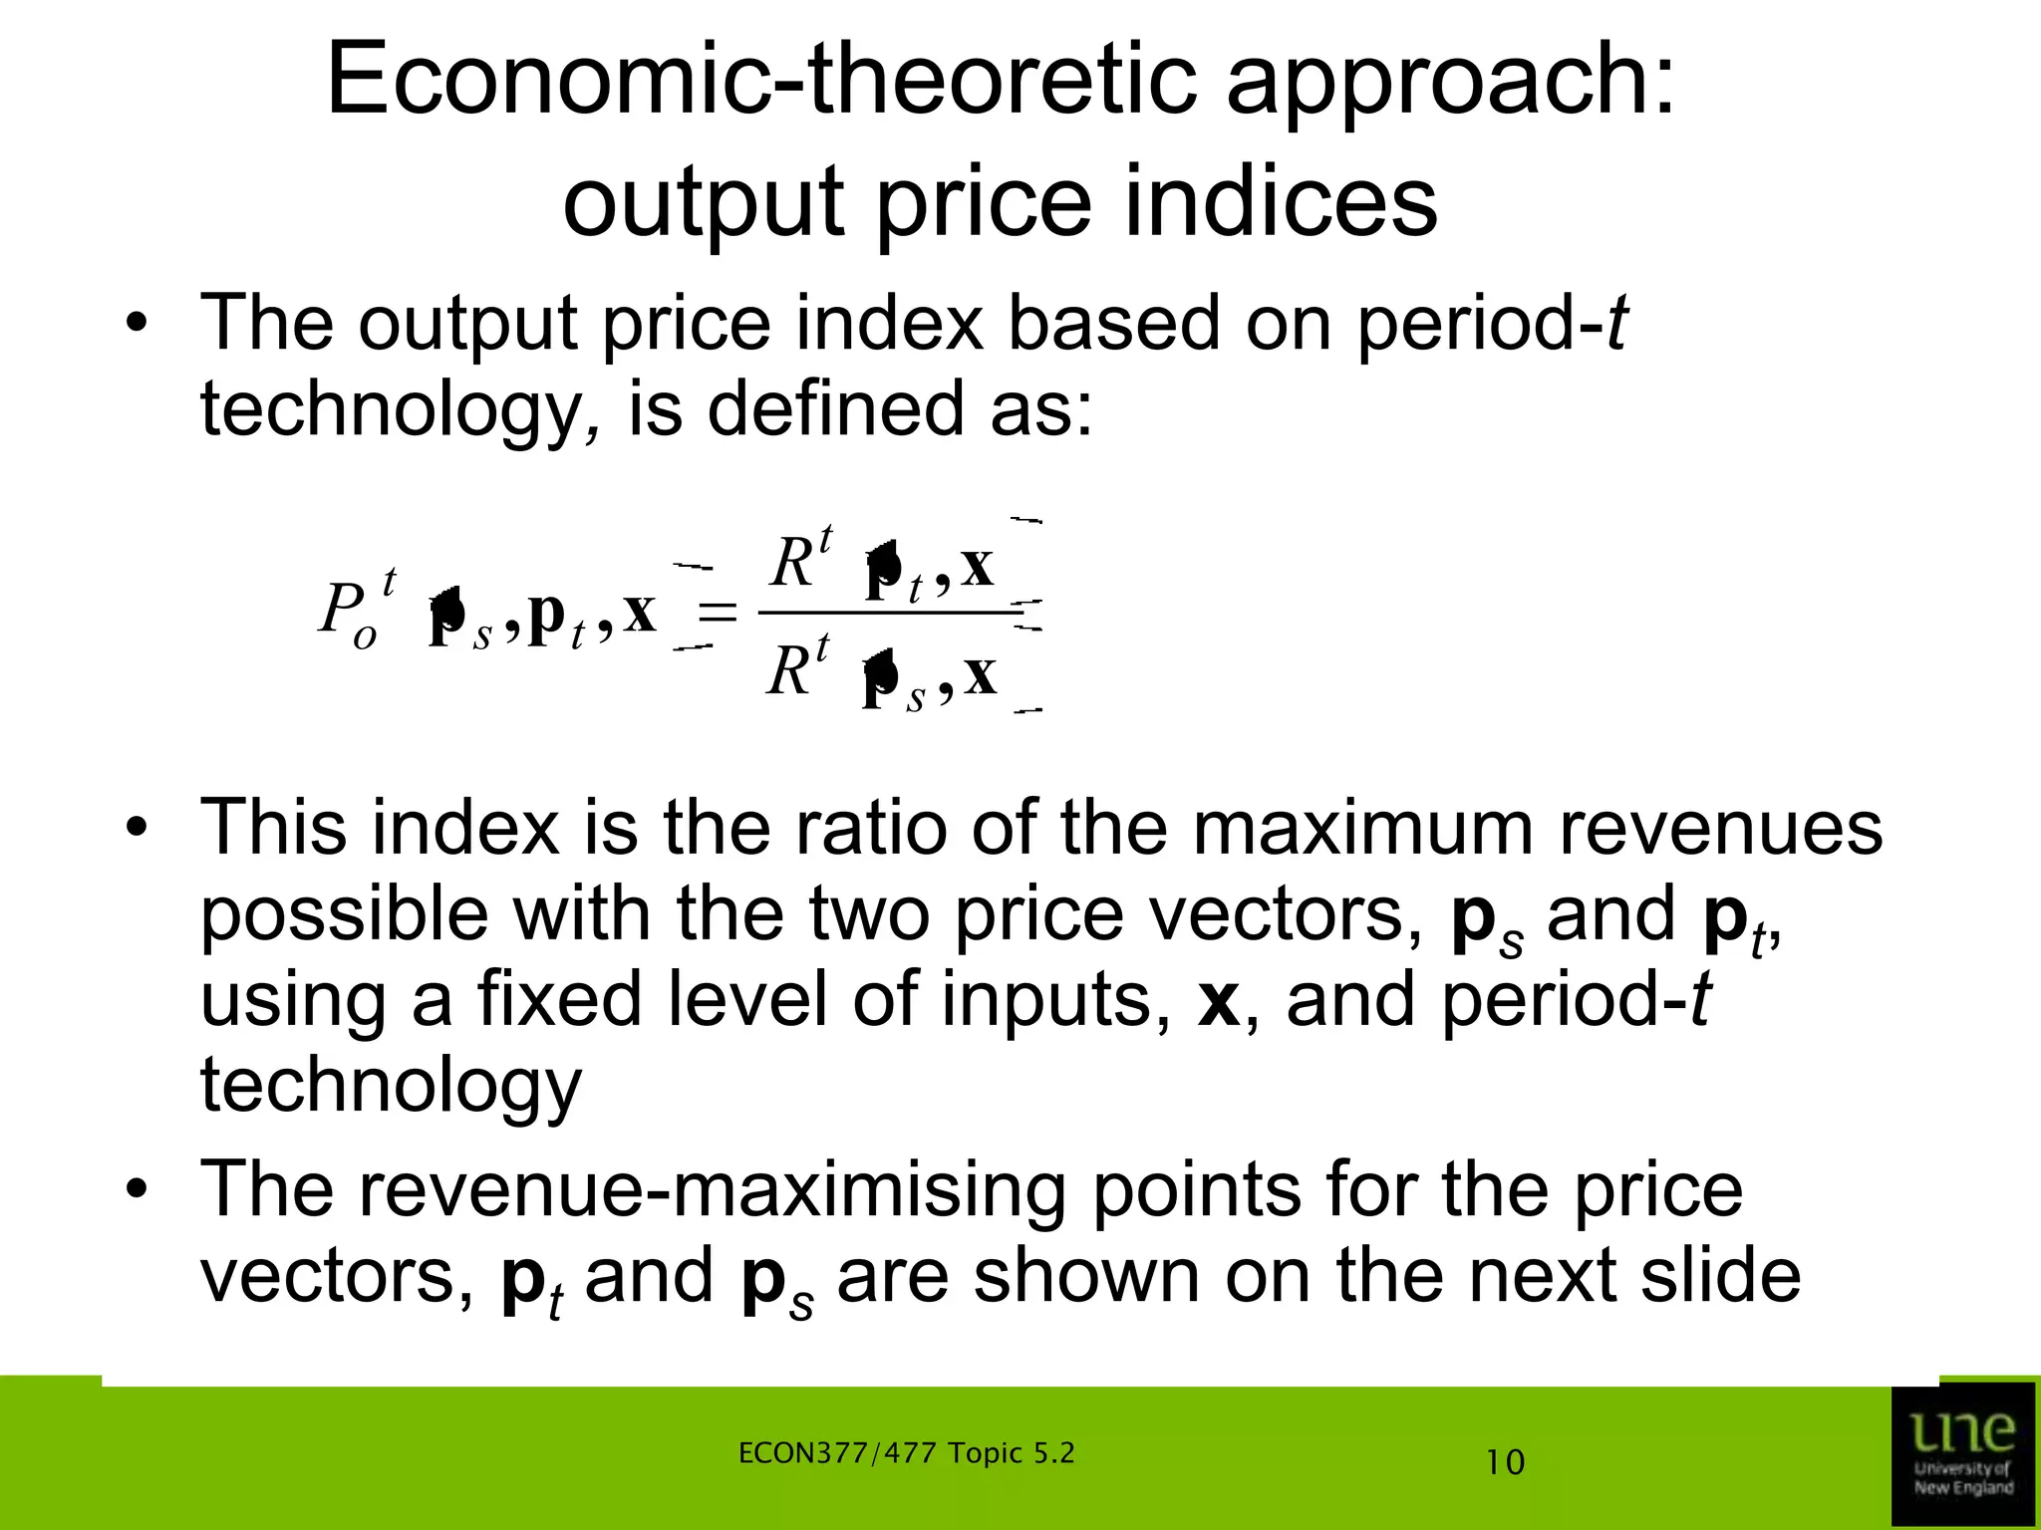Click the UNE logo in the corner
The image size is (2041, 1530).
1962,1453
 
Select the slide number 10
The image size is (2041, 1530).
1505,1463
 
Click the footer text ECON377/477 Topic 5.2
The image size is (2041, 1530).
907,1453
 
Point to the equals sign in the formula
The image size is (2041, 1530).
718,612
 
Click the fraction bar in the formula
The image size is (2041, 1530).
887,613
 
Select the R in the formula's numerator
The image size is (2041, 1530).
791,564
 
